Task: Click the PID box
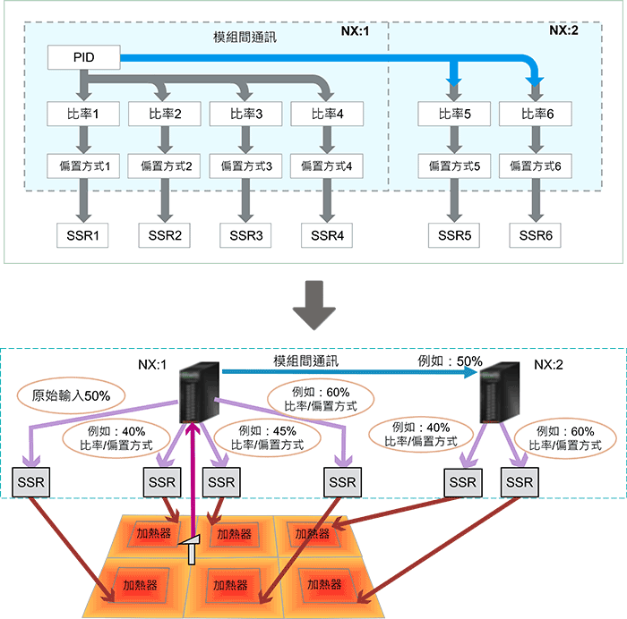82,59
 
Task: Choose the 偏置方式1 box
82,165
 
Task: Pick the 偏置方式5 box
453,165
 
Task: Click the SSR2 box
164,236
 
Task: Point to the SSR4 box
327,236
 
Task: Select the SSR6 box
535,236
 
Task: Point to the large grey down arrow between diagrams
313,304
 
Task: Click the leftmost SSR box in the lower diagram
33,482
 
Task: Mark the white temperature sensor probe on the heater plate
192,547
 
